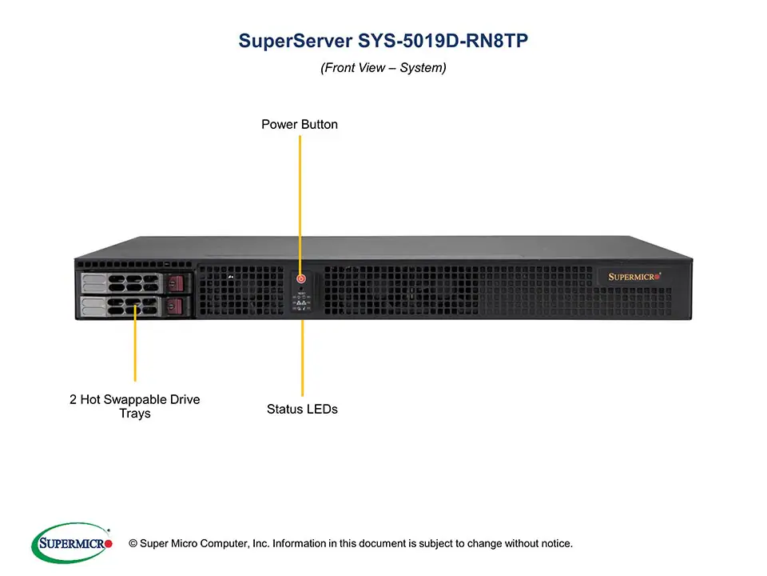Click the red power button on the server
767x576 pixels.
[x=301, y=279]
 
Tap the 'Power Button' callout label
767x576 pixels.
[x=300, y=125]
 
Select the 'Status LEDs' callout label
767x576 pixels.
[x=302, y=409]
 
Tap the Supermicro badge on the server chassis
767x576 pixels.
[x=635, y=277]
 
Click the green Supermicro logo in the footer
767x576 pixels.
[x=71, y=543]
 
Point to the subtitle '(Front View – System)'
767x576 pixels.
[x=383, y=68]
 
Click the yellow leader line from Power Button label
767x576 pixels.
[x=300, y=200]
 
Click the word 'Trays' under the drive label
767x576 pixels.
[x=134, y=414]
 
